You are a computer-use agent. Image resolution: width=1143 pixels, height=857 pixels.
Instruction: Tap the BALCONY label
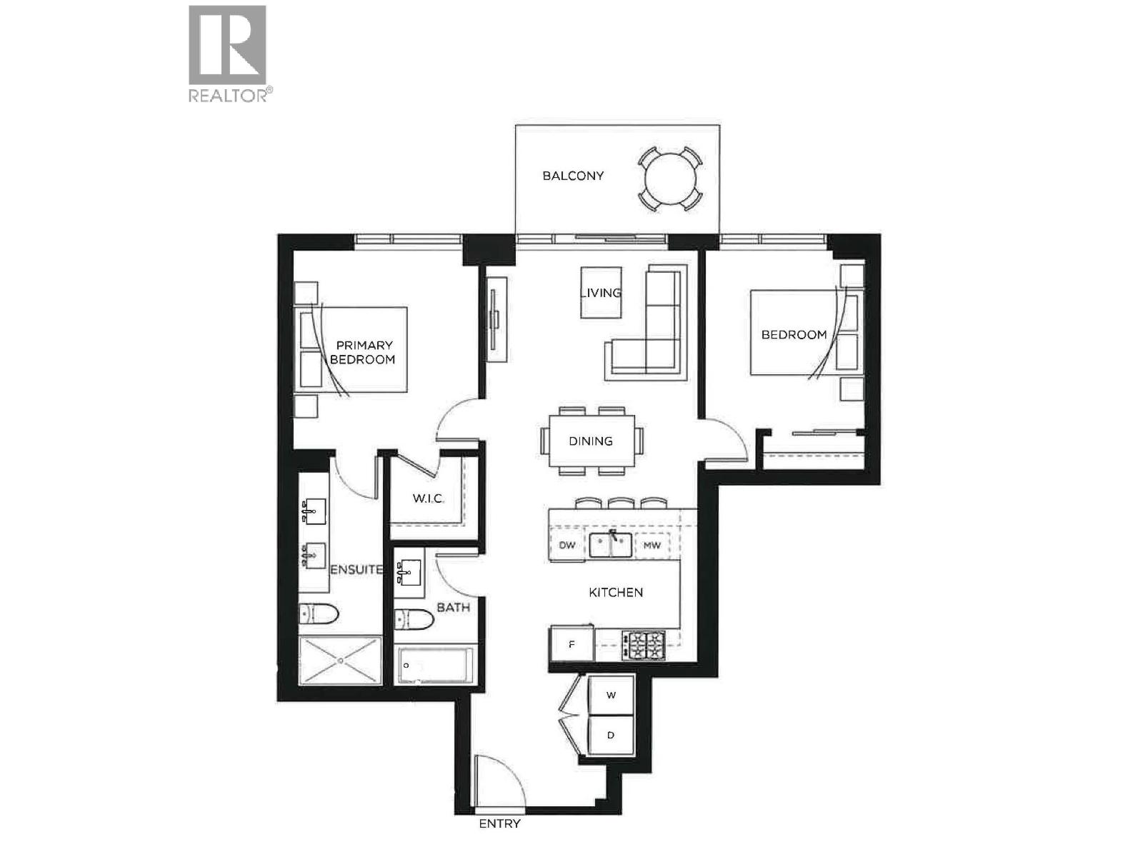572,176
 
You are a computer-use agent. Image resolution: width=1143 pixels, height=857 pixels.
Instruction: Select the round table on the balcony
669,179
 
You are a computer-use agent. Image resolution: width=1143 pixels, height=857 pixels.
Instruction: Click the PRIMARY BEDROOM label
363,352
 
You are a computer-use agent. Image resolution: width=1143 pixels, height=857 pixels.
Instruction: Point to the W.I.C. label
428,498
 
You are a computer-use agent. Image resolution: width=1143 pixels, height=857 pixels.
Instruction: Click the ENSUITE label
356,569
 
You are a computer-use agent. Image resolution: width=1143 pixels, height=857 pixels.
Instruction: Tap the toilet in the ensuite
319,613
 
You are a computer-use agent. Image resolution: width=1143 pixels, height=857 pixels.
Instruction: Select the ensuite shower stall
339,661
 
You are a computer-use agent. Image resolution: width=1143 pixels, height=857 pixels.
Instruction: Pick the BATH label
453,608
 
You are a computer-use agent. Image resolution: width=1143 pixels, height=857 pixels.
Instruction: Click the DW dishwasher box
567,546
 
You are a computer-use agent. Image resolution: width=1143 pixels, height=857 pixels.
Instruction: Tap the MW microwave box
652,546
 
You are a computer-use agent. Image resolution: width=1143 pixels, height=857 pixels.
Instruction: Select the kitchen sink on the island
611,546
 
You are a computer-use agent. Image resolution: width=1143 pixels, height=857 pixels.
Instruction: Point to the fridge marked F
571,644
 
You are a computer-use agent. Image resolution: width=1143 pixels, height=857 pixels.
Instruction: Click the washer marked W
611,695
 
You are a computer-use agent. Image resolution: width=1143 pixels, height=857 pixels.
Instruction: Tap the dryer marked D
611,735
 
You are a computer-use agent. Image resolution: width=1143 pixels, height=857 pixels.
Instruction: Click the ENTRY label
499,823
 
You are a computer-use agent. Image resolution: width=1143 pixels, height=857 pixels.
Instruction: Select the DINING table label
591,441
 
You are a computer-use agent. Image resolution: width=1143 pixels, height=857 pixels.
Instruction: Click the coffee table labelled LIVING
601,293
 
